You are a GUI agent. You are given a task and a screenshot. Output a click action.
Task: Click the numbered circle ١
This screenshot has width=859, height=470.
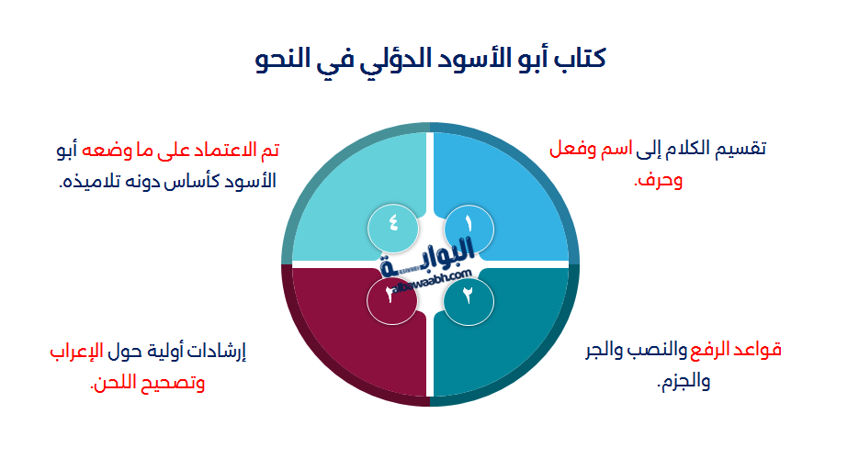coord(469,224)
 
